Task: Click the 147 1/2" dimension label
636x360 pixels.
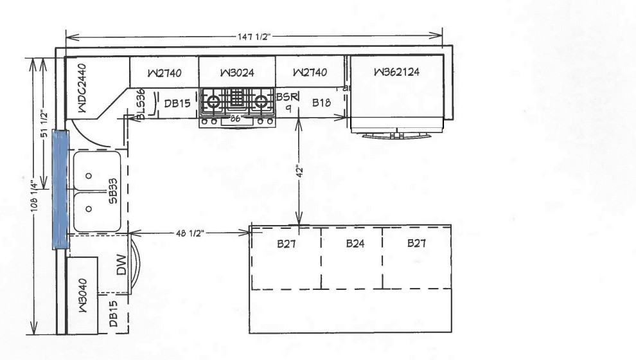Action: [x=254, y=37]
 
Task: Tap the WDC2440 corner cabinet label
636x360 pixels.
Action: [x=82, y=87]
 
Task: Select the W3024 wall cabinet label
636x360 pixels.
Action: [x=237, y=73]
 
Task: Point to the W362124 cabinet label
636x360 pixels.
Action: [x=396, y=72]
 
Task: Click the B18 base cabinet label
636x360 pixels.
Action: [x=321, y=103]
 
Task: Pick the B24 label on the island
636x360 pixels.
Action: [x=355, y=244]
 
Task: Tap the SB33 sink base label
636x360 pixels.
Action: [x=113, y=191]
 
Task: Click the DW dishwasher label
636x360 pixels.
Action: [x=121, y=265]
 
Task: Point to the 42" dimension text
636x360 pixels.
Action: [x=299, y=171]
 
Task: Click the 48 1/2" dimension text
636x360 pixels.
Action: [x=190, y=233]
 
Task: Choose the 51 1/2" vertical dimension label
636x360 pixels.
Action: [x=44, y=124]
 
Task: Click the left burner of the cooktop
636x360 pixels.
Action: [x=213, y=100]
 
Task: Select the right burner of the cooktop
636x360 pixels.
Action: [x=261, y=100]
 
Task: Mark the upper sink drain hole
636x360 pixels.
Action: [x=89, y=175]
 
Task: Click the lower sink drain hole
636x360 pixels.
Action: [x=89, y=209]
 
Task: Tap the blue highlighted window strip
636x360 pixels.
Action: [x=60, y=189]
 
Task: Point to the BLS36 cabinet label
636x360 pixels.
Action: [x=141, y=105]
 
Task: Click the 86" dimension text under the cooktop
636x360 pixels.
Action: [x=235, y=120]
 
